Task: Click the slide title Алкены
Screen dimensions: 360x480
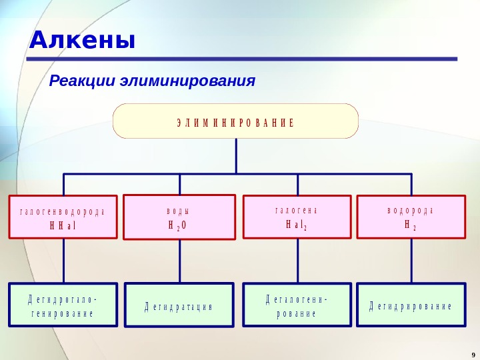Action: (81, 41)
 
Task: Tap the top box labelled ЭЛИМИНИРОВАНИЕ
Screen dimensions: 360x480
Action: (235, 121)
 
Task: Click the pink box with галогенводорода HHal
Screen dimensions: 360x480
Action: (63, 217)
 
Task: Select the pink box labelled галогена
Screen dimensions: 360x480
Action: (297, 216)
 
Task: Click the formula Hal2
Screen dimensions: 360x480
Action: (297, 225)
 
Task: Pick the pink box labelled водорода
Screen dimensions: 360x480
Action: (411, 216)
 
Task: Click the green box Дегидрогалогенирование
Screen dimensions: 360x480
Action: (63, 305)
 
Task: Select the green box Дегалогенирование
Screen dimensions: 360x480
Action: (297, 305)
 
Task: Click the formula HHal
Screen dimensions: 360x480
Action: (63, 225)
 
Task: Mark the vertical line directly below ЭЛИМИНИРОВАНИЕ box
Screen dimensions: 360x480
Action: (237, 156)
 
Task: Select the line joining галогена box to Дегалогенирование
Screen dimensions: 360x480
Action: (298, 261)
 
